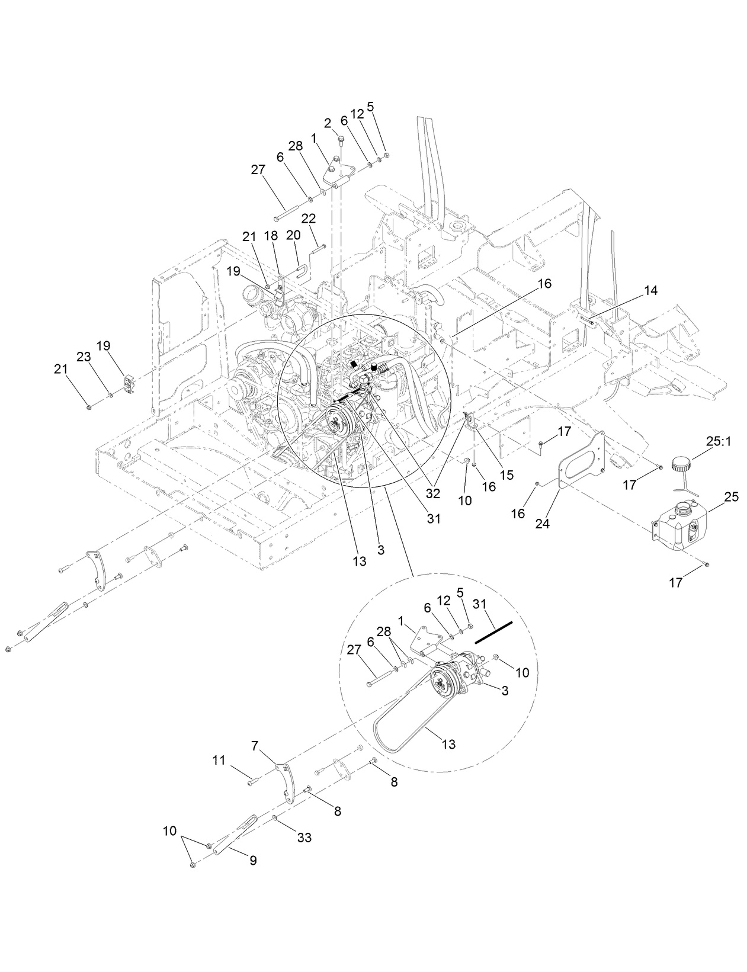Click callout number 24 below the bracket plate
(x=543, y=524)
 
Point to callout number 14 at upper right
(x=650, y=290)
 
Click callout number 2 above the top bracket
(x=328, y=123)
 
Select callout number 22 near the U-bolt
(x=308, y=219)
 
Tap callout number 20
(x=293, y=235)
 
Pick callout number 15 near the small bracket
(x=506, y=474)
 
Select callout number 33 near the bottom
(x=304, y=838)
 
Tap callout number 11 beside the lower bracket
(x=219, y=760)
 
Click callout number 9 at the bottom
(x=253, y=861)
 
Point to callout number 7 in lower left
(x=255, y=746)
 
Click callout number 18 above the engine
(x=271, y=235)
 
